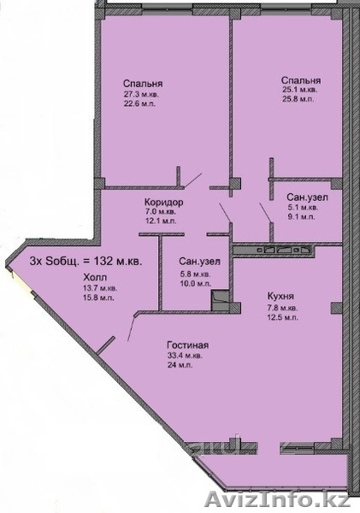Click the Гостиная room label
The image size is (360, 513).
click(187, 345)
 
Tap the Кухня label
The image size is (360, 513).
click(280, 297)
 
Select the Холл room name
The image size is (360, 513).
click(95, 278)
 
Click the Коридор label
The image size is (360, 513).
click(164, 202)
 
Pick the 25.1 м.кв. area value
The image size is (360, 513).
click(299, 90)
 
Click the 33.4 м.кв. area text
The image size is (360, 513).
click(185, 356)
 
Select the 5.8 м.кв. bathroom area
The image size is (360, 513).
click(195, 274)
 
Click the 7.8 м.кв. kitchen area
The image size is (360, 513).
click(283, 308)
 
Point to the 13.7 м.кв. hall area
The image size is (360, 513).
click(100, 289)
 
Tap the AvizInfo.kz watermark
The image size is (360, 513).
click(278, 501)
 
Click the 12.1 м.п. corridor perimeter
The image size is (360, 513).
click(161, 221)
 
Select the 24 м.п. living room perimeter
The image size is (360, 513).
click(180, 365)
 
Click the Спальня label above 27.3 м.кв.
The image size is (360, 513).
click(143, 84)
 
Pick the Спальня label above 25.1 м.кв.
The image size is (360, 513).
click(301, 80)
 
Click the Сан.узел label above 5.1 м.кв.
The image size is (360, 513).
click(307, 198)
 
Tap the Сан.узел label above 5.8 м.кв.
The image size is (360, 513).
click(199, 262)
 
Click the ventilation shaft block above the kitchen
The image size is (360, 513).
click(274, 251)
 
